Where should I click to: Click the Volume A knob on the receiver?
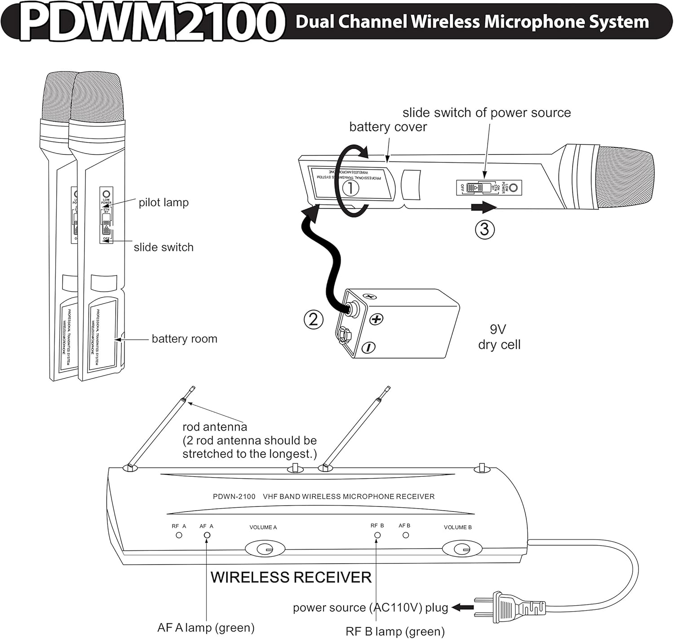[265, 549]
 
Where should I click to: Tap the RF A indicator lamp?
[179, 535]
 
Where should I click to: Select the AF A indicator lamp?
[207, 535]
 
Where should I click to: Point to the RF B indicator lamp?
[377, 535]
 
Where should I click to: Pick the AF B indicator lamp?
[406, 535]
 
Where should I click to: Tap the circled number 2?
[314, 319]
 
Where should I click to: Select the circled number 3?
[484, 229]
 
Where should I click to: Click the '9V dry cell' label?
[499, 337]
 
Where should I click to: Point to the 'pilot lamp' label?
[164, 202]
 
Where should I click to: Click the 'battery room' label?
[184, 339]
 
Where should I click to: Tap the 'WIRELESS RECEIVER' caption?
[291, 577]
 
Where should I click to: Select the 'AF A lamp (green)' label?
[206, 627]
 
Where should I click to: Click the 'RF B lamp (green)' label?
[395, 631]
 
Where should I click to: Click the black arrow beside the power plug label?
[462, 608]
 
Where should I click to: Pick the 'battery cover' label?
[388, 127]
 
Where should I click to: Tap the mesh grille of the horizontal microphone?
[627, 178]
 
